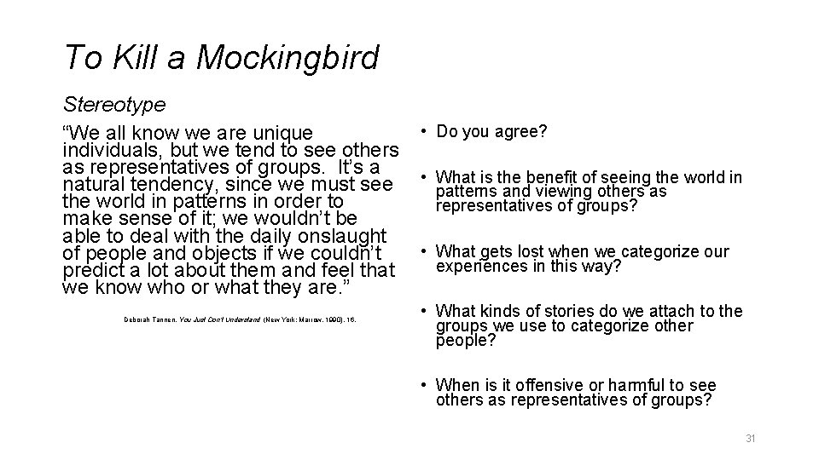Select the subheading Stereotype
coord(114,104)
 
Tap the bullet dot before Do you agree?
coord(423,131)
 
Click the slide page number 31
coord(751,438)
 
